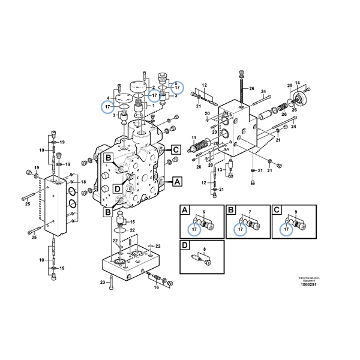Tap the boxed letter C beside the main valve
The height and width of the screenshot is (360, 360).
176,150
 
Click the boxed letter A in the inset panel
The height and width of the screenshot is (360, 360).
185,211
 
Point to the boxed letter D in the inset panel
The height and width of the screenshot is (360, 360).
185,245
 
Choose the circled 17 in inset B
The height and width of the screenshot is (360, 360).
240,229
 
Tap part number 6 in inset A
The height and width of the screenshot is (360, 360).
204,213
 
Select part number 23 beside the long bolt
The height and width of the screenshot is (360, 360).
103,282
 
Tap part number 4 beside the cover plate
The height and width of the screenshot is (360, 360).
107,97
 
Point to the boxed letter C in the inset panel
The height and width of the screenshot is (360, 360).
276,211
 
